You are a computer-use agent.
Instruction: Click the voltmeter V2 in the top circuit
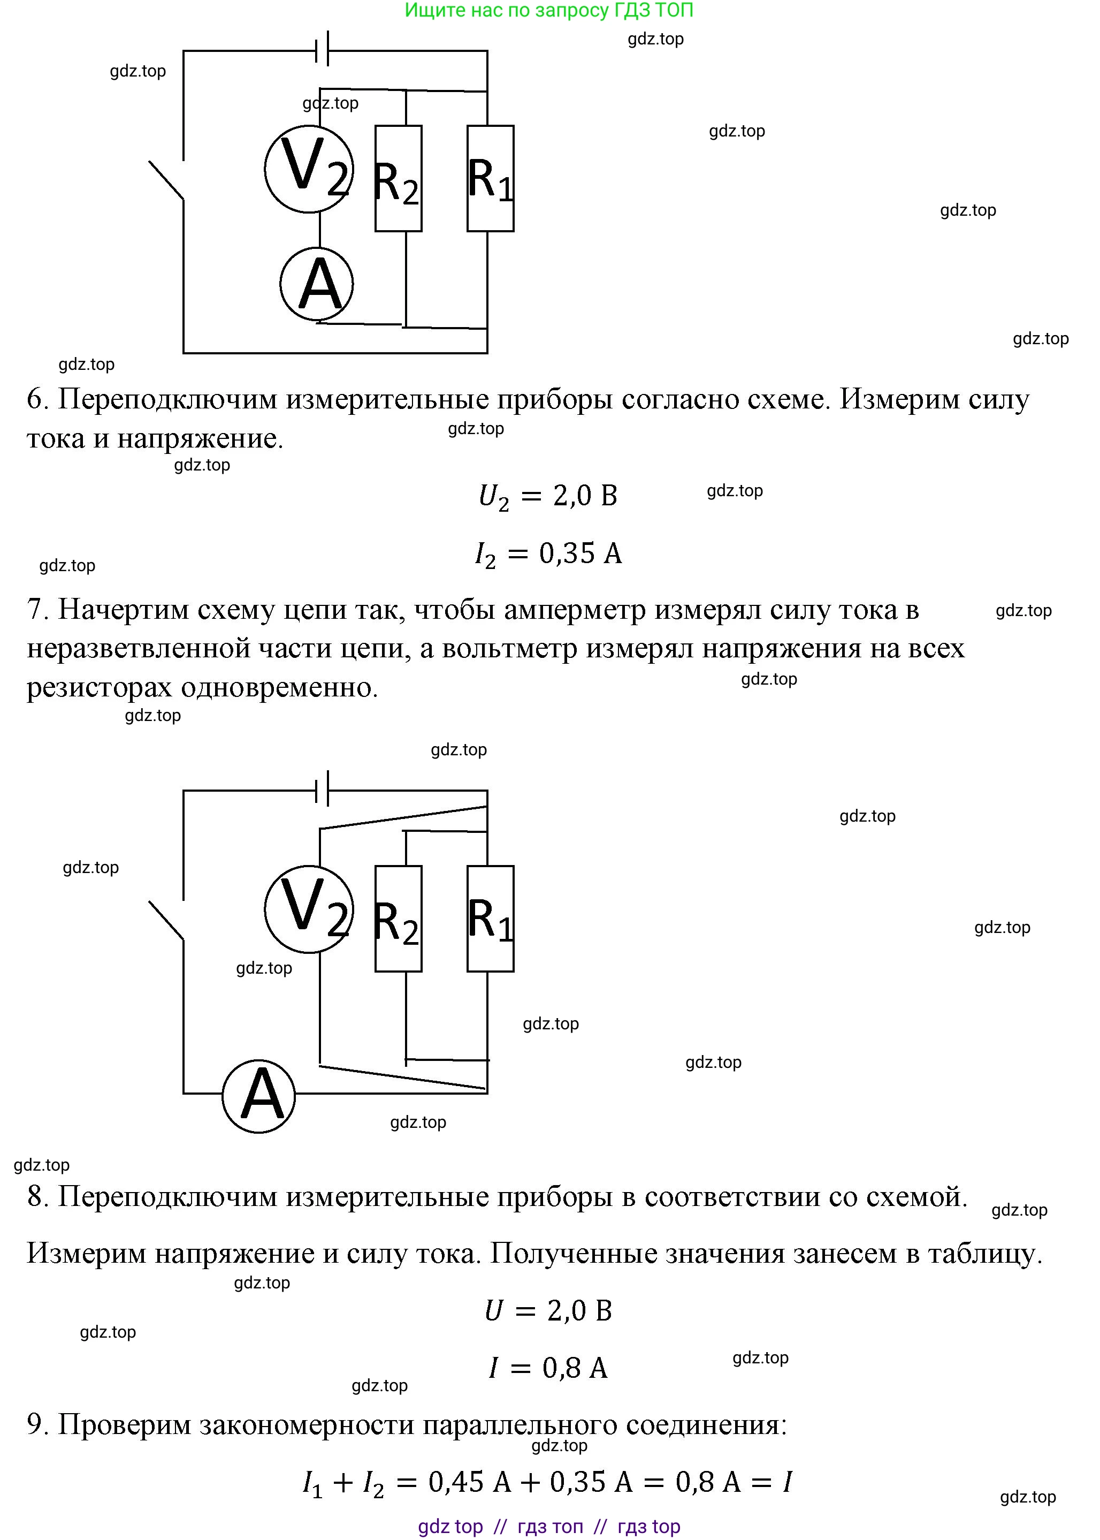tap(309, 169)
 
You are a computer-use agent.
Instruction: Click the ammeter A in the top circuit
tap(316, 284)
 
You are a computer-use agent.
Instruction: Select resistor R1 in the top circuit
tap(491, 178)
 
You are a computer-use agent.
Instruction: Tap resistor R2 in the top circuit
tap(398, 178)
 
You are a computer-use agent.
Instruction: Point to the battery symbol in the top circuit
tap(323, 49)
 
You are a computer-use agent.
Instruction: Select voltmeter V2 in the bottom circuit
tap(309, 909)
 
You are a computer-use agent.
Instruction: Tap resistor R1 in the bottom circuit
tap(491, 919)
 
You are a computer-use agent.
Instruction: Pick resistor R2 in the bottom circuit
tap(398, 919)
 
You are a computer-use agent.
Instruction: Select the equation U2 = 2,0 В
tap(547, 497)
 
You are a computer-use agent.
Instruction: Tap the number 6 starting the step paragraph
tap(35, 399)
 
